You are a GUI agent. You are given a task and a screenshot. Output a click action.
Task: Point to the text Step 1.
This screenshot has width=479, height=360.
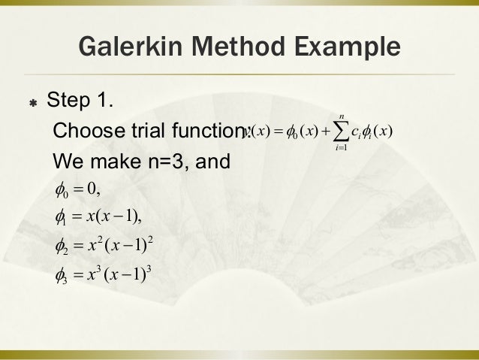pos(78,100)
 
